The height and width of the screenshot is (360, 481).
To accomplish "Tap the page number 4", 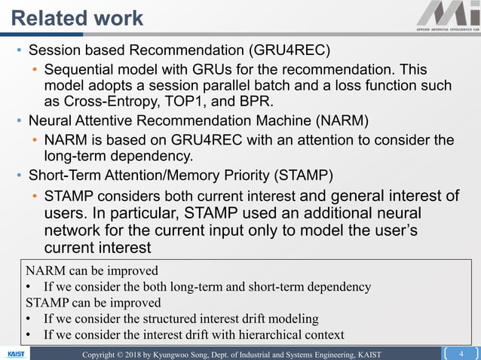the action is [x=460, y=353].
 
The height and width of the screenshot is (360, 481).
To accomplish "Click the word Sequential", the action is [x=80, y=69].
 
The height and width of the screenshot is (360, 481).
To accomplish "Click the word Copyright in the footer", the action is [x=103, y=354].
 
